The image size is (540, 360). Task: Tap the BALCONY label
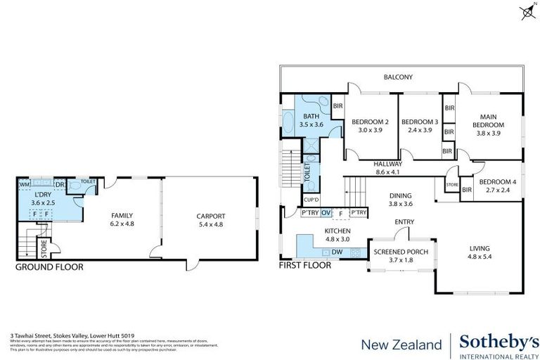(397, 77)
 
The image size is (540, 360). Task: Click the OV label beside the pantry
(326, 212)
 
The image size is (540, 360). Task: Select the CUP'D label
(309, 200)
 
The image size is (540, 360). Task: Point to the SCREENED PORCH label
(398, 251)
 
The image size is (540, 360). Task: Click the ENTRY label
(404, 222)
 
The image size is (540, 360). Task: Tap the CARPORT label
(210, 216)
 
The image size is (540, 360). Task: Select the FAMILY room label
(122, 216)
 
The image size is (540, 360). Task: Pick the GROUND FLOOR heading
(49, 266)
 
